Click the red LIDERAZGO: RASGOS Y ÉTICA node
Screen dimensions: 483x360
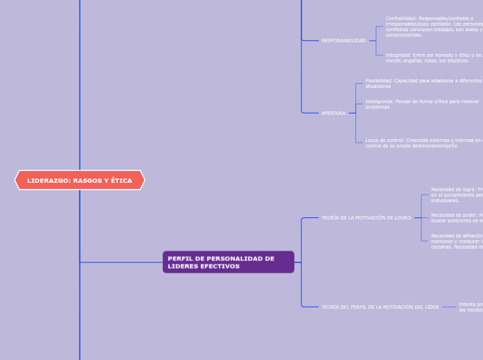(x=80, y=180)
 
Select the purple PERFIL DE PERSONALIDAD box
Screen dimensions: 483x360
(x=228, y=262)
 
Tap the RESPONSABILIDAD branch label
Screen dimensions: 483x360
(x=343, y=41)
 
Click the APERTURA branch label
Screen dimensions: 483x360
(x=333, y=113)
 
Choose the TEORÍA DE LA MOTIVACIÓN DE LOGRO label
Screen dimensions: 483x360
(x=366, y=217)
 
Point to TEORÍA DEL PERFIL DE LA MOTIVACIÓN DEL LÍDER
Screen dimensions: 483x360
(x=380, y=307)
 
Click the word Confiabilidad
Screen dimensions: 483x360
(x=401, y=19)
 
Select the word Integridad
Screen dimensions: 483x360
(x=398, y=55)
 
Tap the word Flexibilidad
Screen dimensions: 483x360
(x=378, y=81)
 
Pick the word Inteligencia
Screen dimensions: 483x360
(x=379, y=102)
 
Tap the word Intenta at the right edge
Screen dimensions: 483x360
(x=468, y=304)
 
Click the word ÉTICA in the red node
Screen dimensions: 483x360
(x=121, y=181)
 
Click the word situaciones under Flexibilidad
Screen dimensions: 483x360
(x=378, y=87)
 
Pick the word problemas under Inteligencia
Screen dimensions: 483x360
(x=378, y=107)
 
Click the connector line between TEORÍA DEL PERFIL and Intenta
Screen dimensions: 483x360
(x=449, y=307)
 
